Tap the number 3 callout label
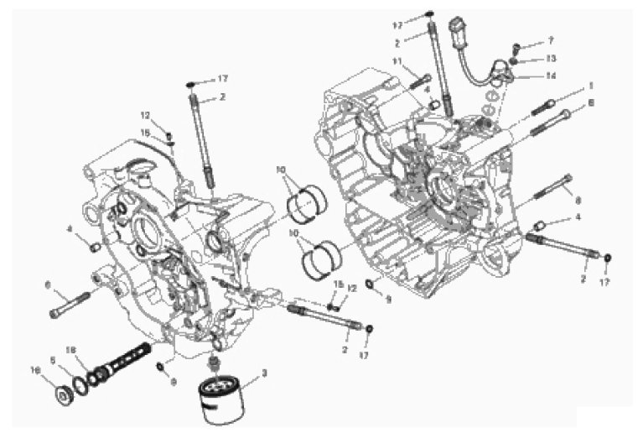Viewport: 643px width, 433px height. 265,373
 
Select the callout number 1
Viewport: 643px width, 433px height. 590,86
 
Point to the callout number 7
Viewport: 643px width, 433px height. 551,39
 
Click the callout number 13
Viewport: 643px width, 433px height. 551,58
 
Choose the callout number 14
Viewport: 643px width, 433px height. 551,76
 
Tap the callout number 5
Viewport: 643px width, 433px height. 53,359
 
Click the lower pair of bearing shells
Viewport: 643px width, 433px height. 320,256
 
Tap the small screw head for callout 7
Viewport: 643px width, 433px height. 517,44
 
